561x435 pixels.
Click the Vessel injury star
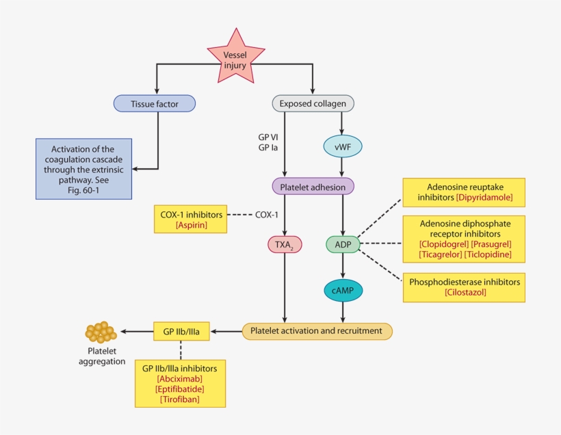235,58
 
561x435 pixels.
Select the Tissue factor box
154,103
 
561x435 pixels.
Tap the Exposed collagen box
313,103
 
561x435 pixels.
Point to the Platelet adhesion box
313,186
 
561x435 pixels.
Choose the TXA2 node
284,244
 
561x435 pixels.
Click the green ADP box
342,244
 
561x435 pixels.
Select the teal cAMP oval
342,291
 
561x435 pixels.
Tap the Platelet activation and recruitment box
317,331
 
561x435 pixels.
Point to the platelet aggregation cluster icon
101,332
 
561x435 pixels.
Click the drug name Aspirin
191,224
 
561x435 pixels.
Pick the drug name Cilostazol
465,293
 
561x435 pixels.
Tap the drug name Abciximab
179,378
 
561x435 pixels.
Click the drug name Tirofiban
179,399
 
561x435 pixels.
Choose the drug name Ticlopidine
487,254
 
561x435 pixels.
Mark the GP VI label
268,137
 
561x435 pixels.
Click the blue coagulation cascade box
83,168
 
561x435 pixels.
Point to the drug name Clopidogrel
443,244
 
